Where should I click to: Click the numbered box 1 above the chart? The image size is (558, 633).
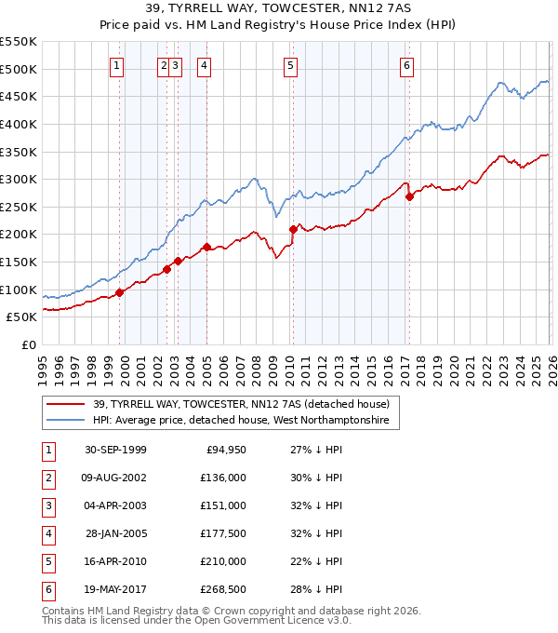[x=116, y=65]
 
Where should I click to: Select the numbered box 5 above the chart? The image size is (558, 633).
[x=291, y=65]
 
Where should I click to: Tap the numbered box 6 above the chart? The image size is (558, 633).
[x=407, y=65]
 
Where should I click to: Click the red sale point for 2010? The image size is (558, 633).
[x=293, y=229]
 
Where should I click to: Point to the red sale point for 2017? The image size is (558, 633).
[x=409, y=196]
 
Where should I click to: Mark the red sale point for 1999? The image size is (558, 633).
[x=120, y=292]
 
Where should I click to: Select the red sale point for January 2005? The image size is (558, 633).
[x=206, y=247]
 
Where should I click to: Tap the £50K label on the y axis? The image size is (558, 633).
[x=22, y=317]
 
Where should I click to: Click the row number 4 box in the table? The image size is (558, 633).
[x=47, y=534]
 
